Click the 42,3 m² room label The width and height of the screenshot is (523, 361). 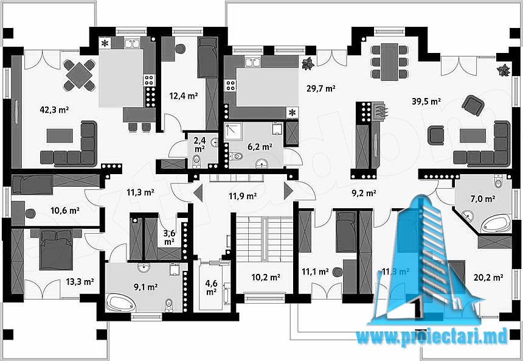click(54, 110)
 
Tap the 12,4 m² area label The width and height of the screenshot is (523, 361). click(183, 96)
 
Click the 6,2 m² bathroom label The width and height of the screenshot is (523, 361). click(258, 146)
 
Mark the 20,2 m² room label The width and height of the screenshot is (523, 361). click(488, 278)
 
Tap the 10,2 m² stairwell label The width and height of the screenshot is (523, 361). click(266, 278)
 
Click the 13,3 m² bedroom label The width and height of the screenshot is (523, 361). click(79, 281)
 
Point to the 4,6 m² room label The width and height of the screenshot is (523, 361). click(210, 287)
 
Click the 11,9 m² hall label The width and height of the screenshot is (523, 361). click(242, 196)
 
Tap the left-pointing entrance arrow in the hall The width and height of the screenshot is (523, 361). click(198, 195)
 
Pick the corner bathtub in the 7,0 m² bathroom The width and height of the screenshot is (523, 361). click(498, 225)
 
